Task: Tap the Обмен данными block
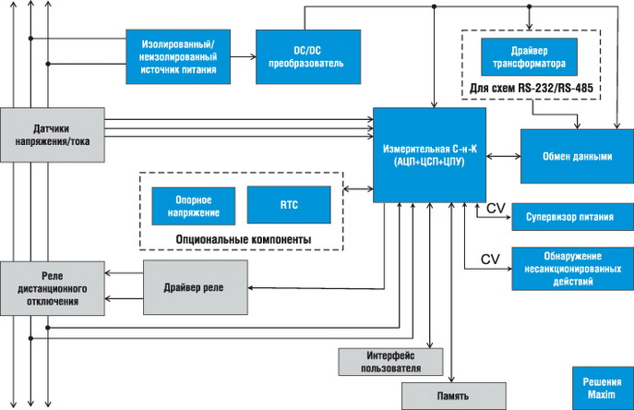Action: click(x=578, y=156)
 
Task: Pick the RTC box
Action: click(x=288, y=204)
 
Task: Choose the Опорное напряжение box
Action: click(x=194, y=205)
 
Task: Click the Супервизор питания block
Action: click(x=572, y=219)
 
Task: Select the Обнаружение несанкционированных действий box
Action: click(x=572, y=269)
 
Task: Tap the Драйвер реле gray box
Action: click(x=197, y=288)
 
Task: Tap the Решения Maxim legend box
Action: click(x=600, y=388)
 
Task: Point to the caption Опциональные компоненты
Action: click(x=242, y=239)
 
